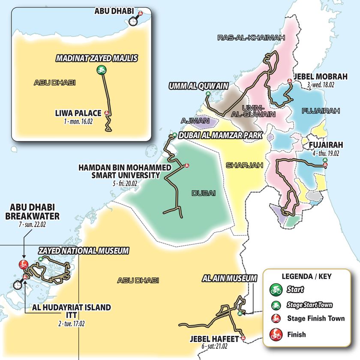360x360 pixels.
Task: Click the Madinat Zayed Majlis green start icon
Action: [x=101, y=69]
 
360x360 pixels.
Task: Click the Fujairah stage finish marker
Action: [x=325, y=165]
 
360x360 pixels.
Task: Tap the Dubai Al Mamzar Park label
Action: [x=221, y=135]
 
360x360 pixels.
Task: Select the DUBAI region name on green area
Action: [x=201, y=192]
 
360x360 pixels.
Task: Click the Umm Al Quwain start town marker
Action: [x=208, y=94]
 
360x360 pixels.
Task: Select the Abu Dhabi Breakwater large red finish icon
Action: [x=23, y=264]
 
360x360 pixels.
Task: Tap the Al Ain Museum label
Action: [x=229, y=279]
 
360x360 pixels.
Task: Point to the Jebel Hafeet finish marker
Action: [x=243, y=338]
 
